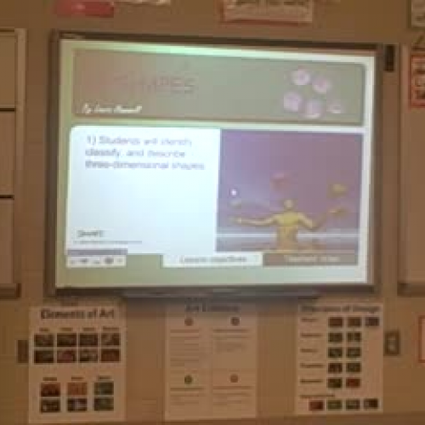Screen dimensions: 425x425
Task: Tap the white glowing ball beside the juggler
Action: (234, 192)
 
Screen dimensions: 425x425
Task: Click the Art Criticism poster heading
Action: (210, 309)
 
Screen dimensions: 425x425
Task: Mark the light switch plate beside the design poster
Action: (391, 343)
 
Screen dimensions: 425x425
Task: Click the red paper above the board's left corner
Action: (85, 8)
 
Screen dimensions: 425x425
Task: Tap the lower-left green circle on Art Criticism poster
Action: (188, 379)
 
